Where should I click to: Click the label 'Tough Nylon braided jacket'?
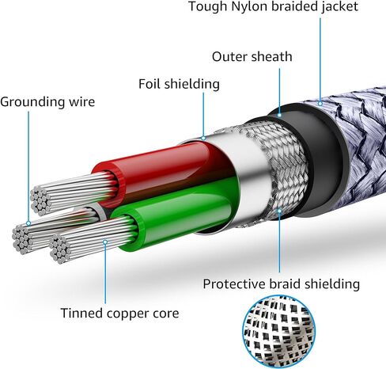[x=273, y=6]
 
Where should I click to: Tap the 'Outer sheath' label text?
[x=252, y=57]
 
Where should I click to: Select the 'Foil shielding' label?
[x=179, y=84]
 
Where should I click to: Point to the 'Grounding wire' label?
[x=47, y=102]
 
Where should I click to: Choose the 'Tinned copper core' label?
[x=119, y=314]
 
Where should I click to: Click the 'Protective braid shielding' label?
[x=281, y=284]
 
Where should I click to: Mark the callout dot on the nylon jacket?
[x=320, y=104]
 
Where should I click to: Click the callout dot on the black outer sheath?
[x=279, y=115]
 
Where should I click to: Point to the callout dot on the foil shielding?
[x=203, y=138]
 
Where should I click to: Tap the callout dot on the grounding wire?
[x=28, y=223]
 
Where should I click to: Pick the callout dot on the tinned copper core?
[x=105, y=242]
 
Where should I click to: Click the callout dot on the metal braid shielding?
[x=279, y=211]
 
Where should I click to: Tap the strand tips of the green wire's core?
[x=60, y=249]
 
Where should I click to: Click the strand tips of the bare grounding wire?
[x=21, y=239]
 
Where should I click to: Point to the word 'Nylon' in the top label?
[x=249, y=6]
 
